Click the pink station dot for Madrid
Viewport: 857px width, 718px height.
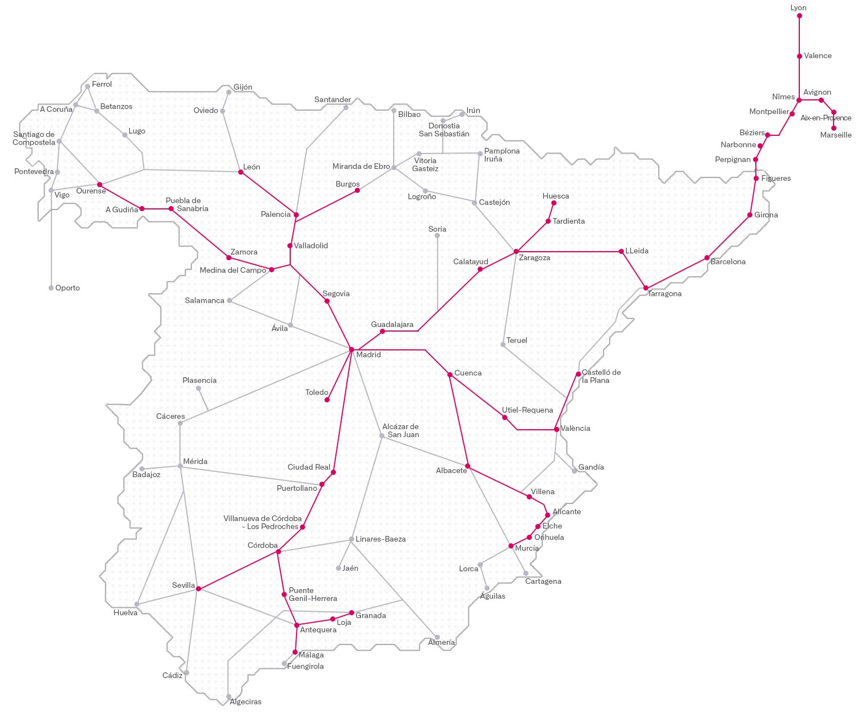pos(351,349)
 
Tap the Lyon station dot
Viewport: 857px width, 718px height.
pos(799,16)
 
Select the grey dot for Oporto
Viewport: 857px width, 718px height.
pos(51,288)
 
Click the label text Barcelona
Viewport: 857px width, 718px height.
pos(728,262)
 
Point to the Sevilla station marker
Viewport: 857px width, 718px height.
pos(198,588)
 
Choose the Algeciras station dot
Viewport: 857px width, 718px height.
pos(229,697)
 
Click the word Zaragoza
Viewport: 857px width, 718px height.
pos(535,258)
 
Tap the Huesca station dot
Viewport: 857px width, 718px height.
pos(554,203)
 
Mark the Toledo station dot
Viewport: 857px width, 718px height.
pos(327,400)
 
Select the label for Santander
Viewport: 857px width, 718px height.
pos(333,100)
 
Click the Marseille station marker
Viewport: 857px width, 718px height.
pos(834,128)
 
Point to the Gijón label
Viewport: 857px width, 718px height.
pos(243,87)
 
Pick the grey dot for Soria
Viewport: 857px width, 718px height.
pos(437,235)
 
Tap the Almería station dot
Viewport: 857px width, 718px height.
pos(438,637)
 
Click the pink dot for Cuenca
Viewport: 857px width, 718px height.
pos(450,374)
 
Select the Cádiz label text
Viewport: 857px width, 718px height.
pos(172,676)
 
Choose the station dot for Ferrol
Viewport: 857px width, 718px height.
pos(87,87)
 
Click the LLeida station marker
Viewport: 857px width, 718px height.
pos(621,251)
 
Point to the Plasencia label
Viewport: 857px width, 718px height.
pos(199,381)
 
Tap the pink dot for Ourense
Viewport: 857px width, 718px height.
pos(99,184)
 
